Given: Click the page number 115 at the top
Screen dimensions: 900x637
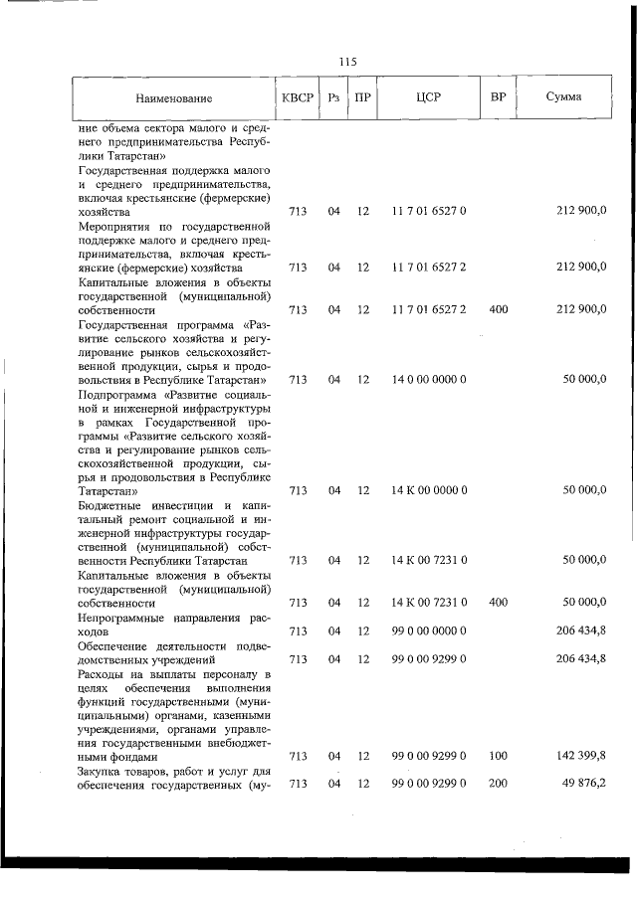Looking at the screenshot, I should pyautogui.click(x=347, y=62).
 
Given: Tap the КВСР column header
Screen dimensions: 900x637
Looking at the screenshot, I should pyautogui.click(x=297, y=98).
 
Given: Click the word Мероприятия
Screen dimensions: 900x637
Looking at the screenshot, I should pyautogui.click(x=115, y=226).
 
